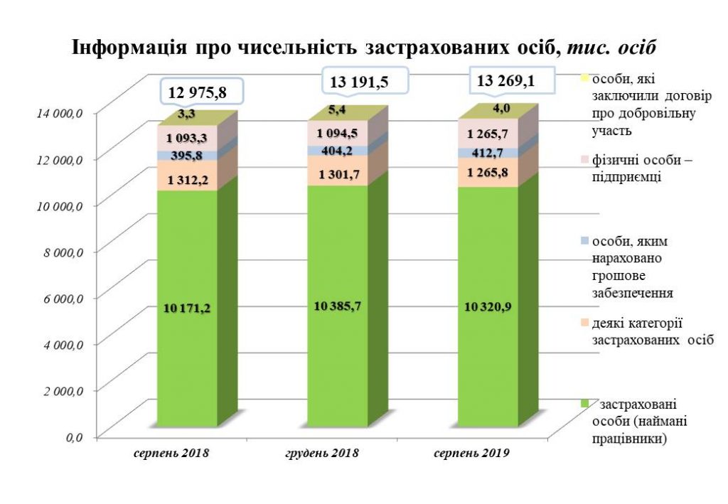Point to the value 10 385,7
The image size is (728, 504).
coord(337,306)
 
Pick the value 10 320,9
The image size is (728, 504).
coord(487,306)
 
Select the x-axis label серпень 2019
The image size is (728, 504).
coord(473,453)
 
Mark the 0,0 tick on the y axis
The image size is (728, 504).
coord(74,437)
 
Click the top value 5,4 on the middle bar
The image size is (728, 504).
coord(338,109)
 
